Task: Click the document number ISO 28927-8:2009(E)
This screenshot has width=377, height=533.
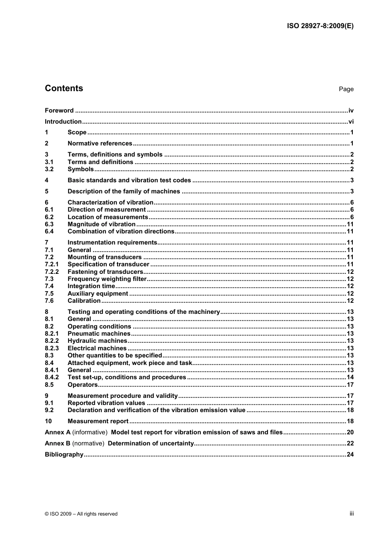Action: [320, 26]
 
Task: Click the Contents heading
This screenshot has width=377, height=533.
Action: [64, 88]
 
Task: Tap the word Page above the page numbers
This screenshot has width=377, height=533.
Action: [346, 89]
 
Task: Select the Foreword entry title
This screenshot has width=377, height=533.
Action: [59, 111]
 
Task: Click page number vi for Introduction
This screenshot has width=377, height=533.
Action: [351, 122]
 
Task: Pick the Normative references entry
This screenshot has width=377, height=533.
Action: [100, 143]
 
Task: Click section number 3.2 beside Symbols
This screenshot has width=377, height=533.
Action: [49, 169]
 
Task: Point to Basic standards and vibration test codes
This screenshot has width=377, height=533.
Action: [129, 180]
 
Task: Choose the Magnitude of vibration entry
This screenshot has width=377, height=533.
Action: [102, 224]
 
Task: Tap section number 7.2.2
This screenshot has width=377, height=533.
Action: [52, 272]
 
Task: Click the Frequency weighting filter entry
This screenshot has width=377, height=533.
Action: [107, 279]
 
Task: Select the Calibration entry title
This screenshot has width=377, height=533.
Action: [84, 301]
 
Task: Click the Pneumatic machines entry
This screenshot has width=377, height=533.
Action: [99, 334]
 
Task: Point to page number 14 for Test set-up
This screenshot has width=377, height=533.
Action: [350, 377]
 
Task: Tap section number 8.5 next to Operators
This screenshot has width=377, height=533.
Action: [49, 385]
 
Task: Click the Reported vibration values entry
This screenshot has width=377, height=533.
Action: [106, 403]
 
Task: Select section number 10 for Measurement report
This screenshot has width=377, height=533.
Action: [48, 421]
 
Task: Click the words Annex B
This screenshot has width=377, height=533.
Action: [58, 443]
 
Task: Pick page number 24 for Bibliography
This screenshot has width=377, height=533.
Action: [350, 455]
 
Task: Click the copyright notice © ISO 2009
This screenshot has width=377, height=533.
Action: [81, 514]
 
